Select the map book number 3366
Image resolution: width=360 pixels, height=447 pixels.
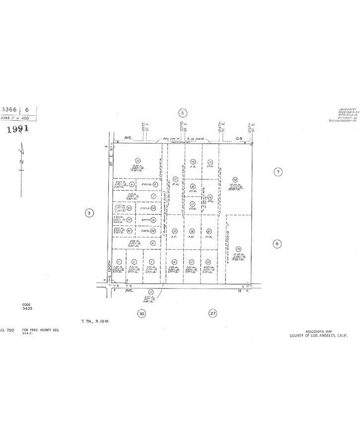(10, 110)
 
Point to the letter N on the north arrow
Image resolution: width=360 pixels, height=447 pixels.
(21, 162)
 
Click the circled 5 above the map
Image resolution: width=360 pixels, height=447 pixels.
(183, 113)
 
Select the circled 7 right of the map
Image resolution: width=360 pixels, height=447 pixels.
(278, 172)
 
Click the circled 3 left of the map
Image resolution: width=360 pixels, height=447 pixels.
(89, 214)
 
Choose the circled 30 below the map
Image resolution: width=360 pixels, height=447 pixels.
(142, 313)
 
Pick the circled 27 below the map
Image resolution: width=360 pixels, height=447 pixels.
(213, 313)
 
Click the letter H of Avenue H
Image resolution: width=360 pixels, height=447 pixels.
(239, 292)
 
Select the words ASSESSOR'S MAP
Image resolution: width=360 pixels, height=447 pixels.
(318, 331)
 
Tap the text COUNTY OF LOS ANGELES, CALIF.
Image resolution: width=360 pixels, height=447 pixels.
(319, 336)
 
